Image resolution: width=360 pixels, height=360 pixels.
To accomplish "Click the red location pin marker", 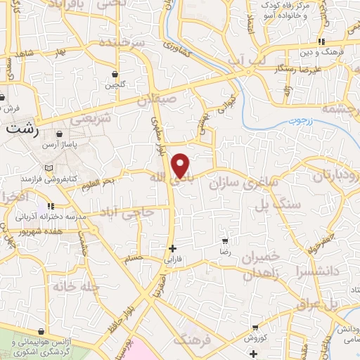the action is [181, 165].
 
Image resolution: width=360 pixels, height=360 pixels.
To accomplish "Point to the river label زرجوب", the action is [301, 121].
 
